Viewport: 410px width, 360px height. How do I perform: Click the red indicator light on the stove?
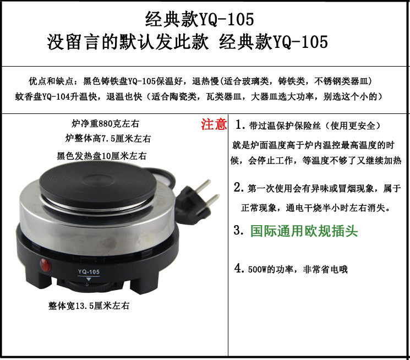46,264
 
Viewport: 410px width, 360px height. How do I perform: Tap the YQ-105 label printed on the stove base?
89,272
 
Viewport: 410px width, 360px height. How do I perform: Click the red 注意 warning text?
214,124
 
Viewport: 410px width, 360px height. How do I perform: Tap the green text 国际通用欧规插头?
304,231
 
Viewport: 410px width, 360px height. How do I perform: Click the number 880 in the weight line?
105,123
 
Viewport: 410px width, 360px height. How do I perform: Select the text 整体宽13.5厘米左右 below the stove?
89,306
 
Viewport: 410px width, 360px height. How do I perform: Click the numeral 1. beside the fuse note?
240,124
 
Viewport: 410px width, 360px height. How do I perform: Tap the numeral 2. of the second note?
239,187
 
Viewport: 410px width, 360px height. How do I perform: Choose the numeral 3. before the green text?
239,230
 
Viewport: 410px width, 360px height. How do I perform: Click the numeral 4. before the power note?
239,268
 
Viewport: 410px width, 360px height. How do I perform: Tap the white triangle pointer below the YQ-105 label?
89,280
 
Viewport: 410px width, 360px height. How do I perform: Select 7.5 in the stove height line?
108,138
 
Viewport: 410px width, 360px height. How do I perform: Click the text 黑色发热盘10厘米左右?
101,156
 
